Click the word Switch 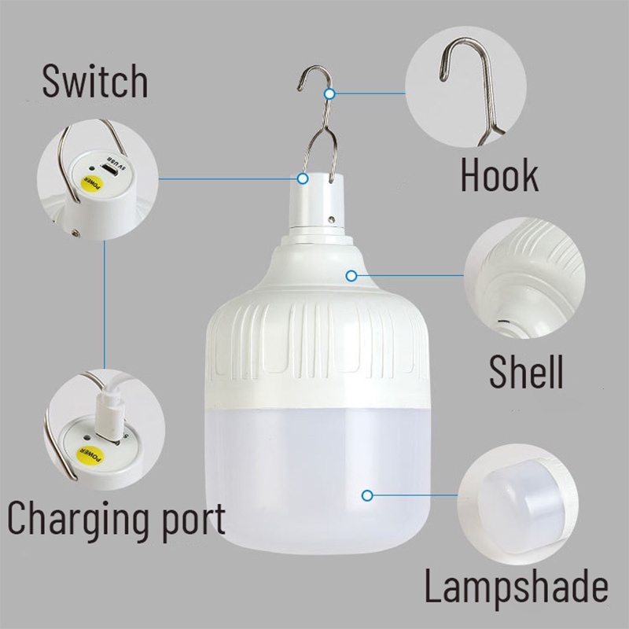pyautogui.click(x=95, y=82)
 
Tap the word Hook pyautogui.click(x=499, y=175)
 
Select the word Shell pyautogui.click(x=526, y=371)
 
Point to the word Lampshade pyautogui.click(x=517, y=584)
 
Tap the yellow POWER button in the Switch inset pyautogui.click(x=92, y=184)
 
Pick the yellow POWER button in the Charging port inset pyautogui.click(x=90, y=454)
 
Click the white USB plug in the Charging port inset pyautogui.click(x=108, y=409)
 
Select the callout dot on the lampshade pyautogui.click(x=367, y=496)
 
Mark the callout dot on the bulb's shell pyautogui.click(x=351, y=276)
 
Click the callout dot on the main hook pyautogui.click(x=329, y=94)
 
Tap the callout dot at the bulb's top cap pyautogui.click(x=303, y=178)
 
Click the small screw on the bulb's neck pyautogui.click(x=331, y=219)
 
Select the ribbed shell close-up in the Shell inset pyautogui.click(x=524, y=278)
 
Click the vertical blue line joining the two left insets pyautogui.click(x=105, y=304)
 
